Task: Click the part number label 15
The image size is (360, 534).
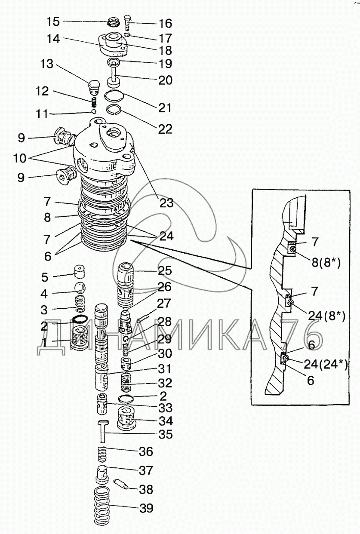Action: click(x=54, y=21)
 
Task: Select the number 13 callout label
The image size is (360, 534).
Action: click(x=47, y=64)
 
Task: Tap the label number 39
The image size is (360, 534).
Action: click(x=146, y=509)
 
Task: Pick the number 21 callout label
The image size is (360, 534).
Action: click(x=165, y=107)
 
